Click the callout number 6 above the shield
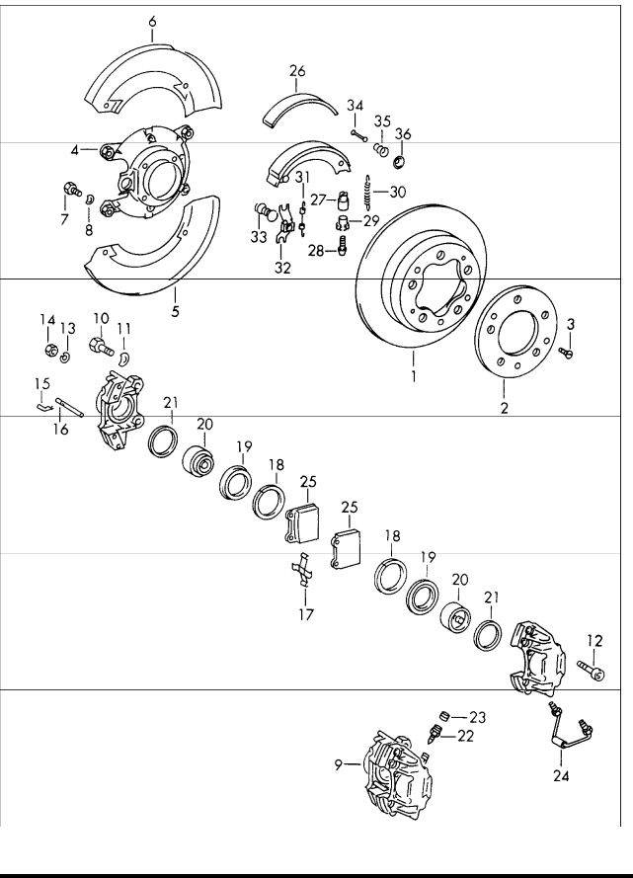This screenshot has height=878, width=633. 152,22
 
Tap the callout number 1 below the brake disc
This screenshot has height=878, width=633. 414,376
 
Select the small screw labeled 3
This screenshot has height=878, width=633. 567,352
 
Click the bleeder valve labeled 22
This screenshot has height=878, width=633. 434,734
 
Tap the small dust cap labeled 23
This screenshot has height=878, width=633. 444,715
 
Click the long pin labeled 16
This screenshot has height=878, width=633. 69,407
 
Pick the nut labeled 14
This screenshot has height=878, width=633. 50,351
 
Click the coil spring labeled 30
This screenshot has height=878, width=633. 367,192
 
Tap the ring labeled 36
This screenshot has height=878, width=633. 401,162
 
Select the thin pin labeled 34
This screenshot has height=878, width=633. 358,135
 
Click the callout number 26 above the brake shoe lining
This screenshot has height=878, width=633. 298,71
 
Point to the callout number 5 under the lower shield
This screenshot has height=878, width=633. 175,311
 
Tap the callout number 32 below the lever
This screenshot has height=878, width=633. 282,268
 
